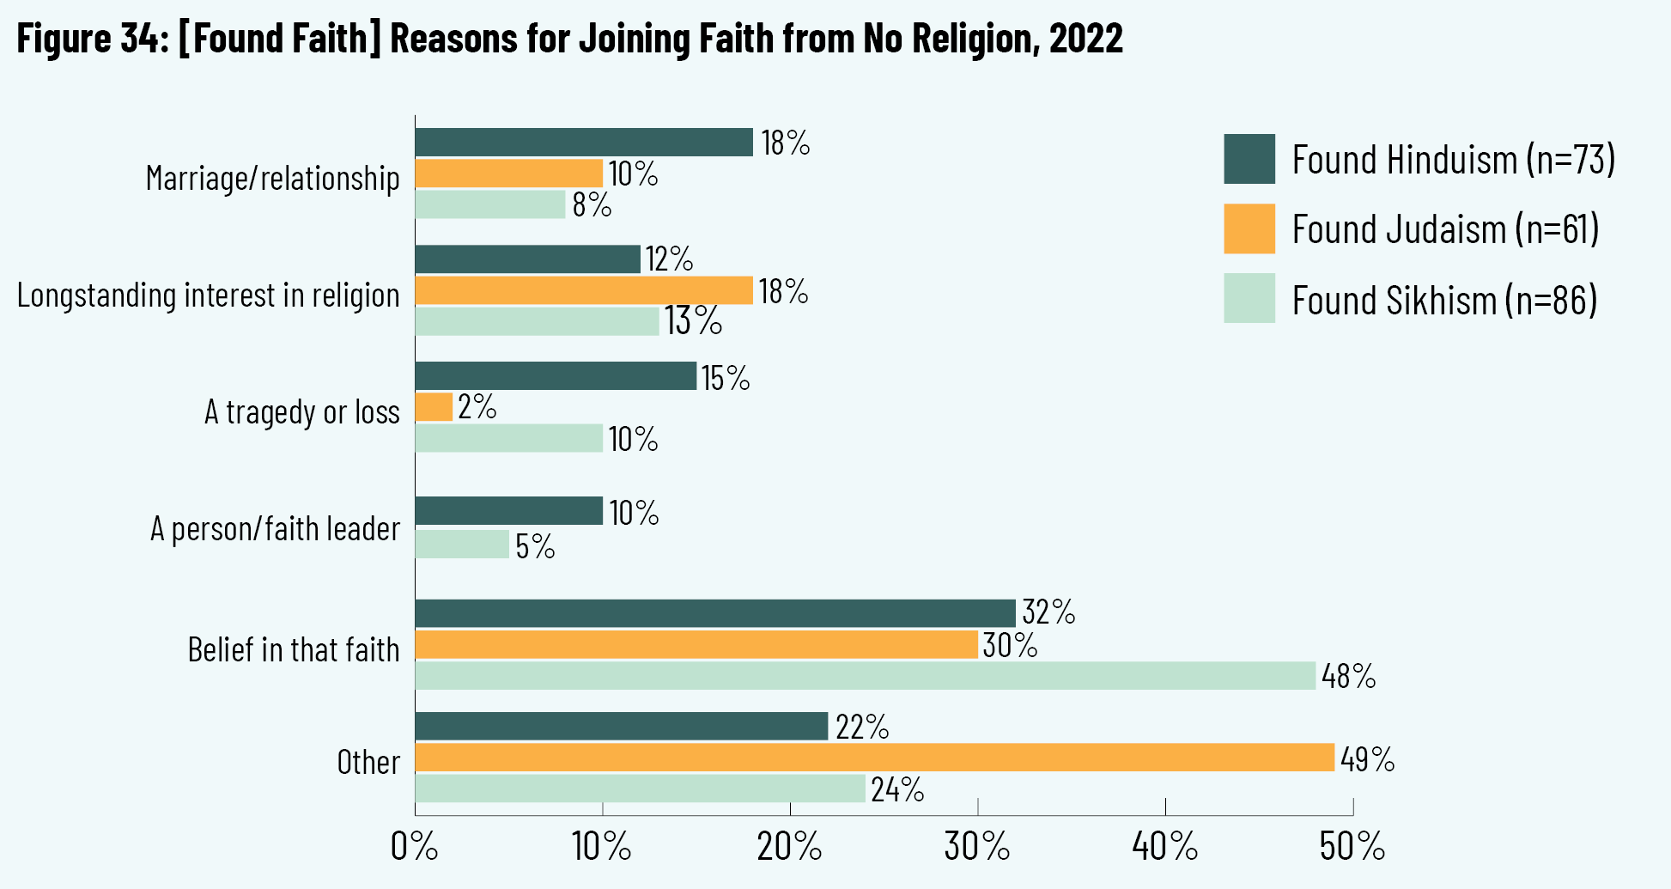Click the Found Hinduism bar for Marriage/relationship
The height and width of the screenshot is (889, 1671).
pos(584,143)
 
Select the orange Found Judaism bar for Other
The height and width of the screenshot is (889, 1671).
pos(874,758)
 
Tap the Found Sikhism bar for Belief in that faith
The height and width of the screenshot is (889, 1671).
pos(865,676)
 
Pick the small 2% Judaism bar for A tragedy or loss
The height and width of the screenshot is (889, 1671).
pos(434,407)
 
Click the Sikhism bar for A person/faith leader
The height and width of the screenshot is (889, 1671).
pos(462,545)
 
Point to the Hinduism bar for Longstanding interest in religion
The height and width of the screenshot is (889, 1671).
pos(527,259)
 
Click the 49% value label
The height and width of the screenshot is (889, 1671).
pos(1367,759)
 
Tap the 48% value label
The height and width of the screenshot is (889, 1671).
pos(1348,677)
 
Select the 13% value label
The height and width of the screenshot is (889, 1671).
pos(692,321)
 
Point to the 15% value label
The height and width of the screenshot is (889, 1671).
pos(726,378)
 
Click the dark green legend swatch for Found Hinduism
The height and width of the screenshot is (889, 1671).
pos(1249,159)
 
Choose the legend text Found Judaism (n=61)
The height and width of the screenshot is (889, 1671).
pos(1445,229)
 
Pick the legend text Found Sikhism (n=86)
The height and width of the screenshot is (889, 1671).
pos(1444,301)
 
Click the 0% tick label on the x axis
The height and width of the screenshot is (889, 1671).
pos(414,847)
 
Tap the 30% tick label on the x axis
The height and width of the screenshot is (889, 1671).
pos(977,847)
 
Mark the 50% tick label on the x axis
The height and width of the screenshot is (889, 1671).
pos(1352,847)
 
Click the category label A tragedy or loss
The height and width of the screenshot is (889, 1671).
pos(301,412)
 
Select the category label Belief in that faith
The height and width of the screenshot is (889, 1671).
pos(294,650)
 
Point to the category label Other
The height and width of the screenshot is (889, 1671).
pos(368,763)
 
